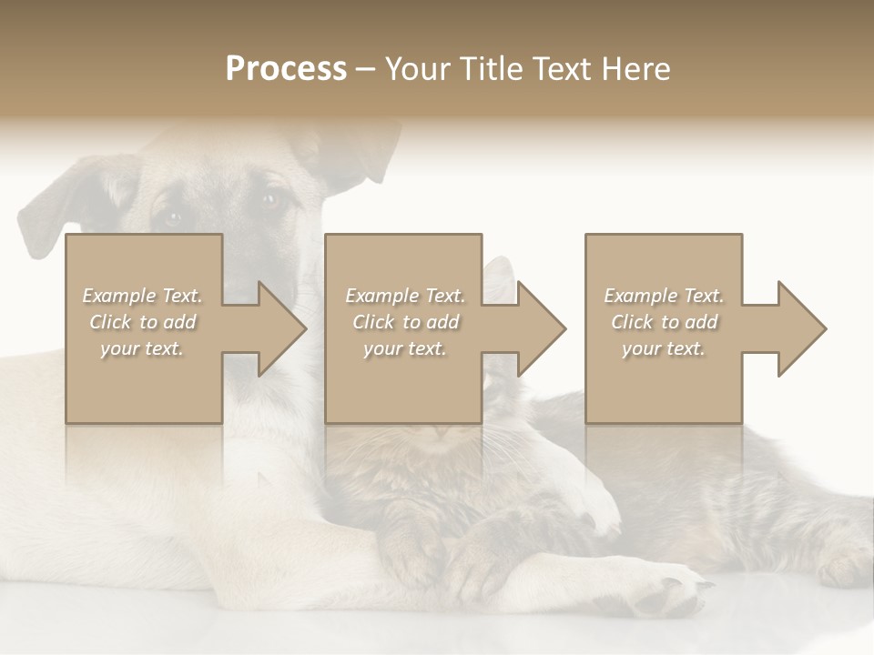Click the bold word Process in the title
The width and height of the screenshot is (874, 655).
tap(286, 69)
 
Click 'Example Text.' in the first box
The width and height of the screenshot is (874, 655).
tap(143, 296)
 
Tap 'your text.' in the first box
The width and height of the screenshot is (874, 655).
tap(143, 348)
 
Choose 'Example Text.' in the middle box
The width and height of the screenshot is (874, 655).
tap(405, 296)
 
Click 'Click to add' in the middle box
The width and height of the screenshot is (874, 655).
tap(405, 322)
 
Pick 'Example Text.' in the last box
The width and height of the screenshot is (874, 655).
tap(664, 296)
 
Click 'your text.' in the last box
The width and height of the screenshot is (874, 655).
tap(664, 348)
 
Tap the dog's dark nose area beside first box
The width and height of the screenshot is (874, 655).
tap(239, 273)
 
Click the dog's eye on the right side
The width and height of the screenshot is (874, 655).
tap(270, 200)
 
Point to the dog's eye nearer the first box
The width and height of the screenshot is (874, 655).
tap(172, 217)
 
